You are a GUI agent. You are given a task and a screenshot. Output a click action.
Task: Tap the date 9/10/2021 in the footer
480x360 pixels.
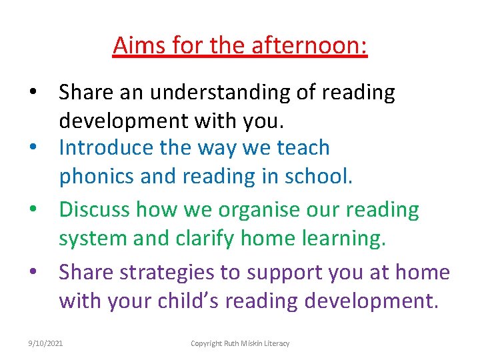(x=45, y=343)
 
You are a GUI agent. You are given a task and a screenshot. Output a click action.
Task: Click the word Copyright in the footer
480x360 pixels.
(x=206, y=343)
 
